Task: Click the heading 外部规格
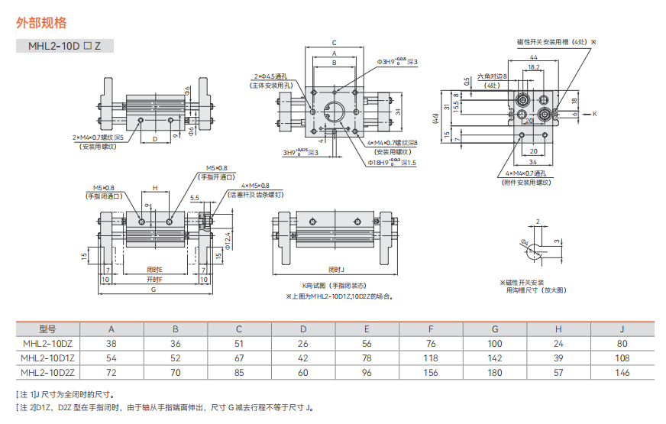(41, 23)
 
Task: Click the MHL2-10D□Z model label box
(65, 46)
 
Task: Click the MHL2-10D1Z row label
(47, 358)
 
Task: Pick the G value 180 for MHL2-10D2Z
(494, 372)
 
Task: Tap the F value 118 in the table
(431, 358)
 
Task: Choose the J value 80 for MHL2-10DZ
(622, 344)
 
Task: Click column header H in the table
(558, 329)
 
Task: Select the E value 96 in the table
(367, 372)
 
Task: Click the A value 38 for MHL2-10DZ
(112, 344)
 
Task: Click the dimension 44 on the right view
(532, 58)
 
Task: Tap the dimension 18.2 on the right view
(533, 68)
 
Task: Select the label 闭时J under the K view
(337, 270)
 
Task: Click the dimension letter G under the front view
(154, 290)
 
